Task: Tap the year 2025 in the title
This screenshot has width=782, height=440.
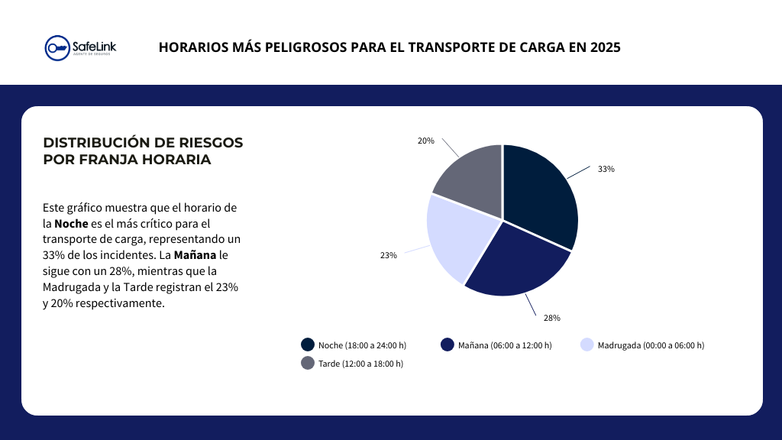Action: (605, 47)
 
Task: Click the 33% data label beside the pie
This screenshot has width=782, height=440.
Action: (606, 169)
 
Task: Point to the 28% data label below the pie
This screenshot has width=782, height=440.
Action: (552, 317)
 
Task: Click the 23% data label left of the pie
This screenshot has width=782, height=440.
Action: (388, 255)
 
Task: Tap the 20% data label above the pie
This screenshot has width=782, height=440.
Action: (425, 141)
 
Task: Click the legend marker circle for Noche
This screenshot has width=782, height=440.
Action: (308, 345)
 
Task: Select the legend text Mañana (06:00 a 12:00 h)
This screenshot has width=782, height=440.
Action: (505, 345)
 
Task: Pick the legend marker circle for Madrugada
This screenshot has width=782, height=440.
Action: (587, 345)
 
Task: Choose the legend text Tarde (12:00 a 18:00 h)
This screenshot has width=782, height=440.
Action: (360, 364)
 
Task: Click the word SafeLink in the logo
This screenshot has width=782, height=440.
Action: (93, 45)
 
